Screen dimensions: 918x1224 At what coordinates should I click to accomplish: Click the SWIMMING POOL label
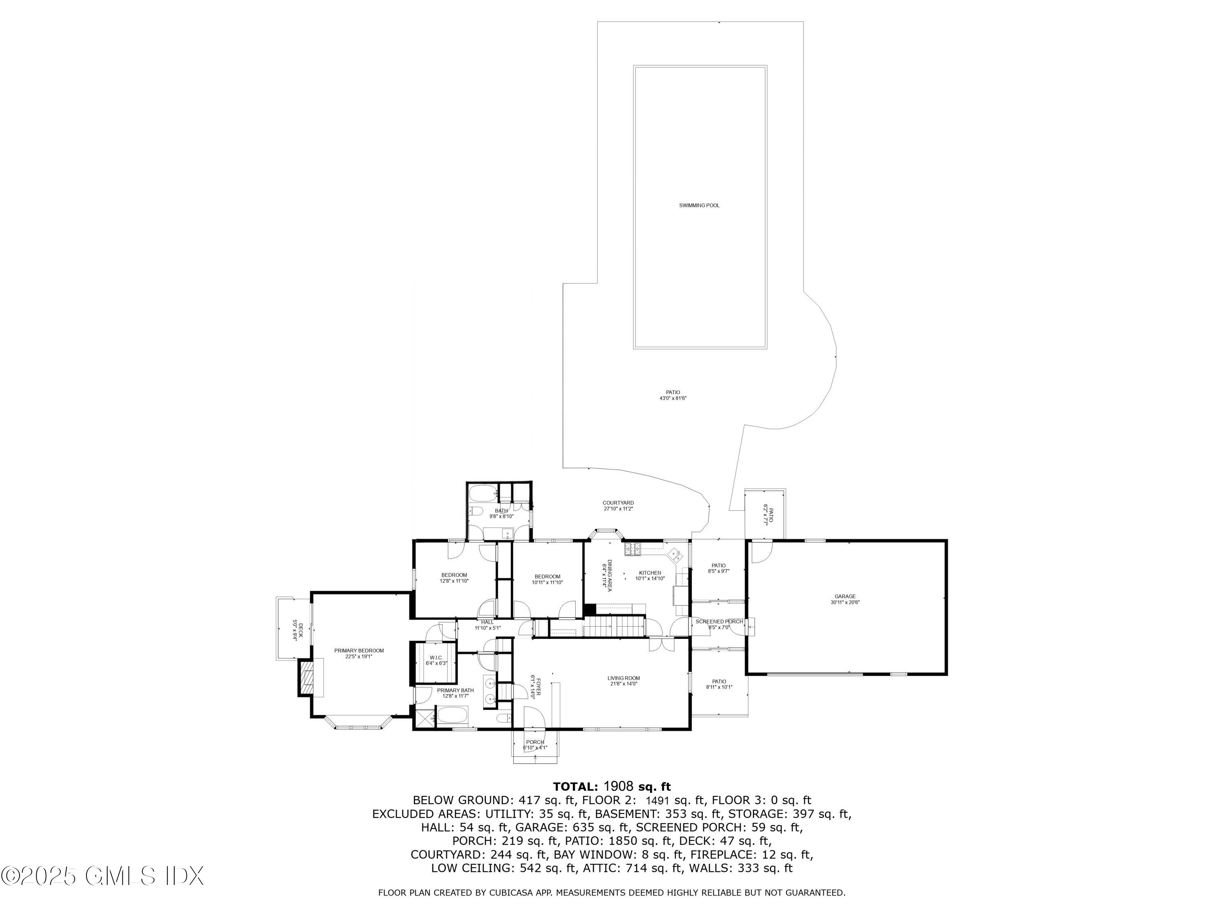click(699, 205)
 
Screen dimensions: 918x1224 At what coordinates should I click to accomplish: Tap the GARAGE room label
click(845, 596)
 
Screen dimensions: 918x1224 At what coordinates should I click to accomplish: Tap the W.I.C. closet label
click(435, 657)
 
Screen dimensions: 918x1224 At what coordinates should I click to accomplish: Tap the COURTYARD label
click(618, 503)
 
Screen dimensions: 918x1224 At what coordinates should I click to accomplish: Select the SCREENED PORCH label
click(719, 621)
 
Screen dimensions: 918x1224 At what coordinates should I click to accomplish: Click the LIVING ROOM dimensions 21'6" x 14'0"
click(623, 684)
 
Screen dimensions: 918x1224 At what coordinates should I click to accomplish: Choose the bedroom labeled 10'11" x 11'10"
click(547, 579)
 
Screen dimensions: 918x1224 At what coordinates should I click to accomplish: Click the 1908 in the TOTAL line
click(618, 786)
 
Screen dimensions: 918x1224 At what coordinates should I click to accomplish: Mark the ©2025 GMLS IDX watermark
click(102, 876)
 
